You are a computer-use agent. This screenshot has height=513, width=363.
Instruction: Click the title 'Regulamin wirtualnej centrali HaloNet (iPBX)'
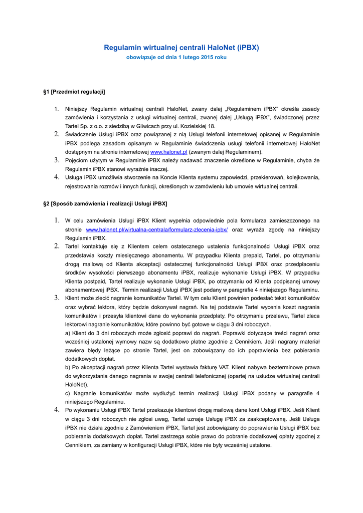pyautogui.click(x=181, y=48)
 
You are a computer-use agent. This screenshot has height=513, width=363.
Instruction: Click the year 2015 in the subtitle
pyautogui.click(x=202, y=58)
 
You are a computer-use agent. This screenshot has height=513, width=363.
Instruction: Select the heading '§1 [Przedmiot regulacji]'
pyautogui.click(x=75, y=92)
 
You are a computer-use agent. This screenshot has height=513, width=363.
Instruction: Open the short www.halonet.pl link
pyautogui.click(x=168, y=152)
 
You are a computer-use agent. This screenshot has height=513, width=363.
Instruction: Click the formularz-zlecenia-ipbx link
pyautogui.click(x=157, y=229)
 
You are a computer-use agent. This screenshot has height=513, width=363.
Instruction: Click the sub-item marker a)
pyautogui.click(x=68, y=333)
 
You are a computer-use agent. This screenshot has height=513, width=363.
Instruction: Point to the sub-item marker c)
pyautogui.click(x=68, y=393)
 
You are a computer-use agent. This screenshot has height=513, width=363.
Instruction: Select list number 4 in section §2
pyautogui.click(x=57, y=410)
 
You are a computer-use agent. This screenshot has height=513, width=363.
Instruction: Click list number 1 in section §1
pyautogui.click(x=57, y=109)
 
